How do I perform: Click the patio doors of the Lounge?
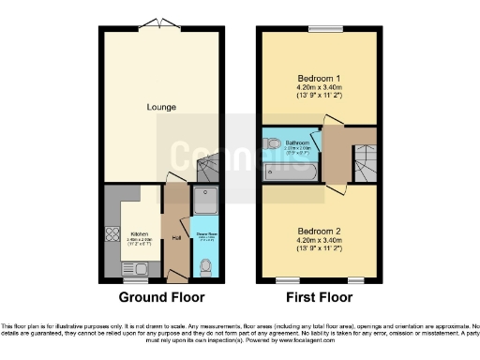click(x=160, y=24)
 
